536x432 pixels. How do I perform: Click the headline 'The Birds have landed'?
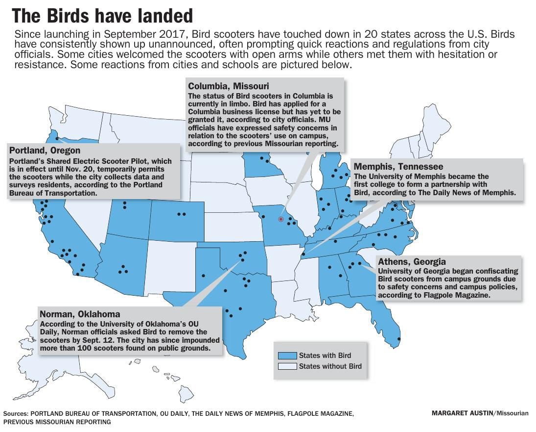102,17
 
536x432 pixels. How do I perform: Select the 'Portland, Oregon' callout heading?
45,151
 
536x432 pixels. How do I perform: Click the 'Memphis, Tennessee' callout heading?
398,167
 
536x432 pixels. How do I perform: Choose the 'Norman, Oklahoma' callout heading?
80,314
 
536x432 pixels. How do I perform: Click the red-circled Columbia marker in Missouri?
281,219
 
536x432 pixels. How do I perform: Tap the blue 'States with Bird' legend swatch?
287,356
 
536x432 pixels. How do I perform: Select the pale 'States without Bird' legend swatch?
287,366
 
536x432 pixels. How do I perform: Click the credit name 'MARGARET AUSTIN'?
463,413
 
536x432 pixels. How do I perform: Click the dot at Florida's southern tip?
399,339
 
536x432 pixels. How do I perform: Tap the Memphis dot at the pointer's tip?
303,254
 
